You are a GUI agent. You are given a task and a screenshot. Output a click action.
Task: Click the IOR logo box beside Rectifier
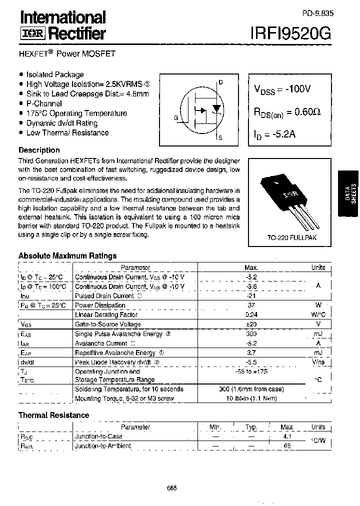tap(32, 33)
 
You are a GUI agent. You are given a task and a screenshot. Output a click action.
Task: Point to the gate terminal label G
tap(176, 118)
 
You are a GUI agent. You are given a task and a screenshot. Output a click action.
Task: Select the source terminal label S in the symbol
tap(220, 137)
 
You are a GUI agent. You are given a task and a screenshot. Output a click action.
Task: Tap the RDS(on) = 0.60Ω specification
tap(287, 112)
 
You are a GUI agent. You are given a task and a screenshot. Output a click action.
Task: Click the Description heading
tap(39, 150)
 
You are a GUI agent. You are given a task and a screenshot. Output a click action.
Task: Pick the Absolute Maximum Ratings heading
tap(67, 255)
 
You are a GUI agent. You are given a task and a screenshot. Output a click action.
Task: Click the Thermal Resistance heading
tap(53, 415)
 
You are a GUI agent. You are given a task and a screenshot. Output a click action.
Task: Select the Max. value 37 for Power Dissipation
tap(251, 305)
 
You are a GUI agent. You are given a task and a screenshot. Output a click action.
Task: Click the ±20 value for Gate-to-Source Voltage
tap(251, 324)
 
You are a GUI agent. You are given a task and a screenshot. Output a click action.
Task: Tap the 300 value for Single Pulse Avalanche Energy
tap(251, 333)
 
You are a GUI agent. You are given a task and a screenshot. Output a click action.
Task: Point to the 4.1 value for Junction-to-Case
tap(287, 436)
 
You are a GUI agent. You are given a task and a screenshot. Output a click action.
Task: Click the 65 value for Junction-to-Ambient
tap(287, 445)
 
